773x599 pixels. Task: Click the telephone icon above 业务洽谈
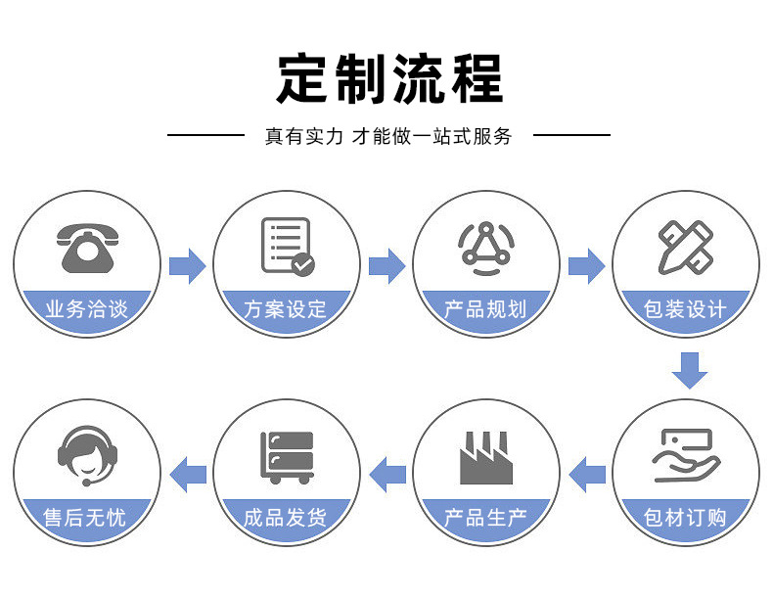pos(87,249)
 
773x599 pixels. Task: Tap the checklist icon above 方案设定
pos(288,246)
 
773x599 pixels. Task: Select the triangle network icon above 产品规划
pos(486,248)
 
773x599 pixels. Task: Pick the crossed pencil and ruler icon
pos(686,247)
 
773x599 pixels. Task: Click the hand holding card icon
pos(686,455)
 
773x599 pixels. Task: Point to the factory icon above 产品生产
pos(486,457)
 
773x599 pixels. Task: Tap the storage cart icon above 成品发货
pos(287,457)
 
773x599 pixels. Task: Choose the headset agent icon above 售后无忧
pos(87,455)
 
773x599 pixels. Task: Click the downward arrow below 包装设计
pos(689,370)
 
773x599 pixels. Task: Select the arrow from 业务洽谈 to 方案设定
pos(187,266)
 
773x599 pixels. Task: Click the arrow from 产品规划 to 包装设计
pos(587,266)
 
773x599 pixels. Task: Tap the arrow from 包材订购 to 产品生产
pos(587,475)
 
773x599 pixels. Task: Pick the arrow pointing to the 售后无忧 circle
pos(187,475)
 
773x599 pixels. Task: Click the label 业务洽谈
pos(87,309)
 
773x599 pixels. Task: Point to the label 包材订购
pos(685,518)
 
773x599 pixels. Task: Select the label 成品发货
pos(286,518)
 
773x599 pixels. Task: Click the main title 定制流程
pos(389,79)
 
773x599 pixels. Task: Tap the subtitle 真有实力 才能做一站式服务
pos(388,136)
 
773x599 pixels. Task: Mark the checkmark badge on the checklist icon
pos(302,264)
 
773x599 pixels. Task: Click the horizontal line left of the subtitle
pos(206,135)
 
